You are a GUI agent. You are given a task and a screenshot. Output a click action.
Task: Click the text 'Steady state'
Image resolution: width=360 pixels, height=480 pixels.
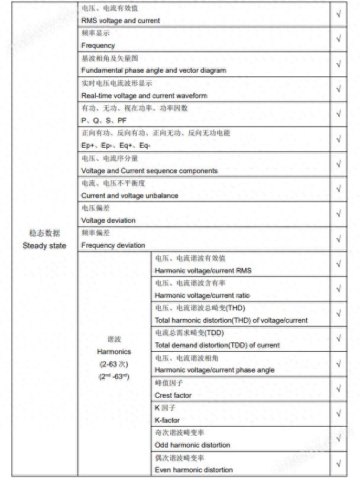click(44, 245)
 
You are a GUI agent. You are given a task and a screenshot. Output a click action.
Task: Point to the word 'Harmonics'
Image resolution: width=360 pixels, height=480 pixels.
click(114, 352)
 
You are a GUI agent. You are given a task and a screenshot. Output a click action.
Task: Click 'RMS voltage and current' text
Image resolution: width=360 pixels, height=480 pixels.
click(121, 21)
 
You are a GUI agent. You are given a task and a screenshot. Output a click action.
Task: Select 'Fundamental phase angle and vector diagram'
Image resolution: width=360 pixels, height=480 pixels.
click(154, 70)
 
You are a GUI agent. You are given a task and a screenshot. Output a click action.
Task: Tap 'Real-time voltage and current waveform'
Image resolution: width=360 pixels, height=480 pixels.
click(144, 96)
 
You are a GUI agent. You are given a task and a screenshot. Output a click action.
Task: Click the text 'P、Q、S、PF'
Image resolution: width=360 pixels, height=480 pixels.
click(104, 121)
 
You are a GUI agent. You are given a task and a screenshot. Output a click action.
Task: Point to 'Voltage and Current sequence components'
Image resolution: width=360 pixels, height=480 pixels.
click(150, 171)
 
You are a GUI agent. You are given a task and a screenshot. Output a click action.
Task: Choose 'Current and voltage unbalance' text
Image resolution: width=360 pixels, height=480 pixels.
click(129, 196)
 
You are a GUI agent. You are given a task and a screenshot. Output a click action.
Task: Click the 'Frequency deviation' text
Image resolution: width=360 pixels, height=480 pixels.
click(113, 245)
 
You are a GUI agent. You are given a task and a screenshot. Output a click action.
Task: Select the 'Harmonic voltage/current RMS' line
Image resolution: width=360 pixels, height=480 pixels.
click(203, 271)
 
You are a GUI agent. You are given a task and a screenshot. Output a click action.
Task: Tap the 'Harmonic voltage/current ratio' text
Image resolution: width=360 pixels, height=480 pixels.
click(202, 296)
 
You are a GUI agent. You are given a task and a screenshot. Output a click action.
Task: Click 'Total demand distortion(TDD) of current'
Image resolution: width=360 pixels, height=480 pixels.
click(218, 345)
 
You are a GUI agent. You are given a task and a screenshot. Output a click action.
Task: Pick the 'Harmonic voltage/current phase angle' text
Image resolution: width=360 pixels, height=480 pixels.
click(215, 370)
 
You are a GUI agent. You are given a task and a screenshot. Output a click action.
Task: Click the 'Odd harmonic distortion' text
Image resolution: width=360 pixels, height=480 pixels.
click(193, 445)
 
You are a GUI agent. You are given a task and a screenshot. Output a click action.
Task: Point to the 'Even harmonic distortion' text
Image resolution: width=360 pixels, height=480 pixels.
click(194, 470)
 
